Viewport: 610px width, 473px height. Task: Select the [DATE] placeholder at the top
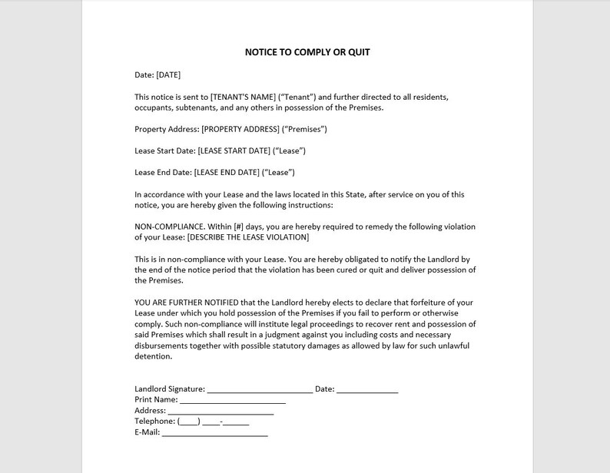pos(168,74)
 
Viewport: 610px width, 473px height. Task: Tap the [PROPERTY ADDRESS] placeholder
pos(240,129)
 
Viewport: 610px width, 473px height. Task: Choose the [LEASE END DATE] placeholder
pos(227,172)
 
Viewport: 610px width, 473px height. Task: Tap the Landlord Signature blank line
pos(260,389)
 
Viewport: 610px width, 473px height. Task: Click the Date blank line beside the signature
pos(367,389)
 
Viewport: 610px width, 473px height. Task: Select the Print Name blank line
pos(232,400)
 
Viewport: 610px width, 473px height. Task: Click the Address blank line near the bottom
pos(220,411)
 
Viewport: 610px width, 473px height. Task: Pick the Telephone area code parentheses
pos(189,422)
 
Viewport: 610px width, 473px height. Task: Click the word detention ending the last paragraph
pos(153,356)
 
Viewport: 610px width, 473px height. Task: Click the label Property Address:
pos(167,129)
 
